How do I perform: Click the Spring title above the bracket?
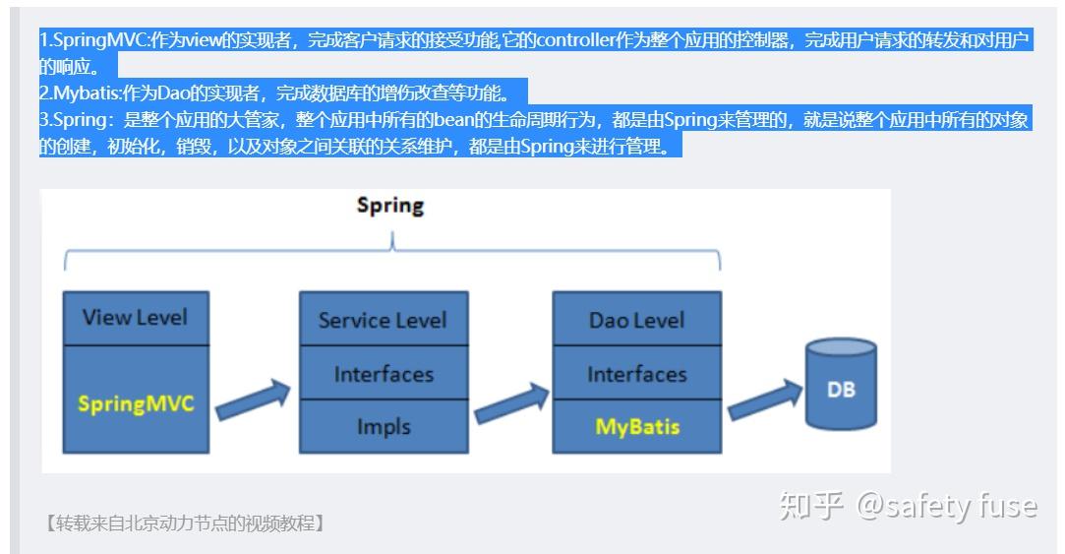tap(390, 206)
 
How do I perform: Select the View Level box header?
tap(136, 318)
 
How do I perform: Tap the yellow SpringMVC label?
tap(136, 403)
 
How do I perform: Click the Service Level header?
tap(384, 319)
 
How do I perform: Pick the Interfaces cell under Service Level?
tap(384, 373)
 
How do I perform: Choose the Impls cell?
tap(384, 426)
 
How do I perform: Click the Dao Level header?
tap(637, 319)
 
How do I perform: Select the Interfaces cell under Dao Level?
tap(637, 373)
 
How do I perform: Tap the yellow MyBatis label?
tap(637, 427)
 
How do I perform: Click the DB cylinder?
tap(841, 384)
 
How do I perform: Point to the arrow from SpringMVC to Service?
tap(253, 400)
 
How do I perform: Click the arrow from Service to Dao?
tap(510, 403)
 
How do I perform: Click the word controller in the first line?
tap(575, 40)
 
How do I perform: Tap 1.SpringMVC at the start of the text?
tap(94, 40)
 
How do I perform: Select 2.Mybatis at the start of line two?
tap(81, 93)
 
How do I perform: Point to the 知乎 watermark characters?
tap(811, 506)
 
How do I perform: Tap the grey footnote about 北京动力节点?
tap(184, 523)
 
